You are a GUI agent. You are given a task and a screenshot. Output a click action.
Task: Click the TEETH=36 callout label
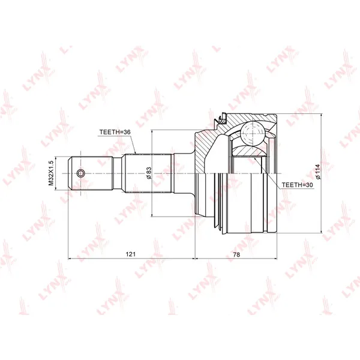[115, 132]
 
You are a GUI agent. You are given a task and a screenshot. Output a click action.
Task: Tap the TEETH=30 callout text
[298, 185]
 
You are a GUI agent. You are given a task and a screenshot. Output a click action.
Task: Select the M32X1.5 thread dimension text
[51, 173]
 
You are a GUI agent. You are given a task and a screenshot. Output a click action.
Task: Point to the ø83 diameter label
[149, 173]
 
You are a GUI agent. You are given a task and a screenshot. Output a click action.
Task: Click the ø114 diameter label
[317, 172]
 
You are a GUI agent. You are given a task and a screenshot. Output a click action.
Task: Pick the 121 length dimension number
[131, 254]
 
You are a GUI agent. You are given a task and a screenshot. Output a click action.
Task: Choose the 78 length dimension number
[236, 254]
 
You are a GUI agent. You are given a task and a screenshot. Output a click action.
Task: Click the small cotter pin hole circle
[80, 173]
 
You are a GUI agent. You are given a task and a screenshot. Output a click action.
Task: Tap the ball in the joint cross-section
[252, 134]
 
